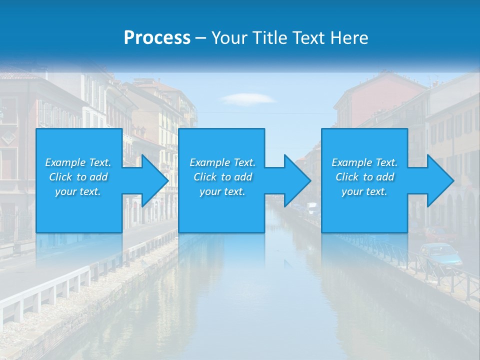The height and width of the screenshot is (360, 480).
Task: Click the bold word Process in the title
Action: coord(157,38)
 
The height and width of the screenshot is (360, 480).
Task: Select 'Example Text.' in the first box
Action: coord(78,162)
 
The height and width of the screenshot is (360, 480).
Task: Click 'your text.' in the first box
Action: coord(78,191)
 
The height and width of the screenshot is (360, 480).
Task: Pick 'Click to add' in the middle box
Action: coord(222,177)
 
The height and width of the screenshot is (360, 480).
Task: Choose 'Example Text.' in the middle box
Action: coord(222,162)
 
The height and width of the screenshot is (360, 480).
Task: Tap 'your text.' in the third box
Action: coord(364,191)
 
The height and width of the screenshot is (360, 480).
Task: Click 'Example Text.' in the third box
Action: coord(364,162)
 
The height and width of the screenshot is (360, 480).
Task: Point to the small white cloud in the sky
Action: coord(247,98)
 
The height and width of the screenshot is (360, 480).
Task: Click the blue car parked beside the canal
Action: coord(440,254)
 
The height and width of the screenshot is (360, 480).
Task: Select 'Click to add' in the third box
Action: coord(364,177)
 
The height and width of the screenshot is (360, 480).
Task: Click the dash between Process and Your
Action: coord(201,38)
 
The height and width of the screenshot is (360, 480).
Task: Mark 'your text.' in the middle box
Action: coord(222,191)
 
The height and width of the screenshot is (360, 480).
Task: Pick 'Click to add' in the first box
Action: coord(78,177)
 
